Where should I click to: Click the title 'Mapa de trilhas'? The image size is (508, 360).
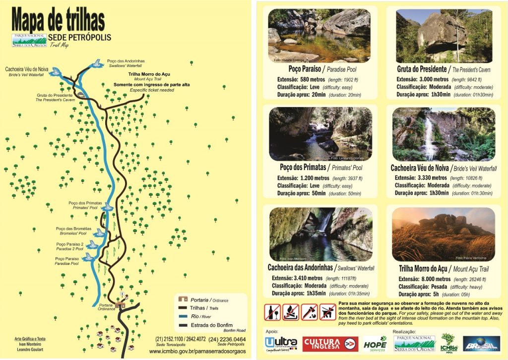(x=58, y=20)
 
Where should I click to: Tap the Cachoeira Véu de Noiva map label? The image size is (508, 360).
(x=27, y=69)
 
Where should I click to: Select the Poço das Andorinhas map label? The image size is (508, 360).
(x=125, y=61)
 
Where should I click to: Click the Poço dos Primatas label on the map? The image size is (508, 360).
(x=85, y=203)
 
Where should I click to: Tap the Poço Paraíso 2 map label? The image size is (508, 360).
(x=69, y=244)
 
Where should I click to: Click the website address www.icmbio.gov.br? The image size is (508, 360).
(x=197, y=352)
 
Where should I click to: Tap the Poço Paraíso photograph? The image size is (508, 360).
(x=319, y=35)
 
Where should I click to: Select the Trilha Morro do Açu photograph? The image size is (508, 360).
(x=443, y=234)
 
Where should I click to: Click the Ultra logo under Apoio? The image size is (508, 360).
(x=281, y=344)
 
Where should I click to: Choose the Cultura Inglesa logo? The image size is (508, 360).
(x=329, y=344)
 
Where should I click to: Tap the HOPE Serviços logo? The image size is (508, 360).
(x=375, y=344)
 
